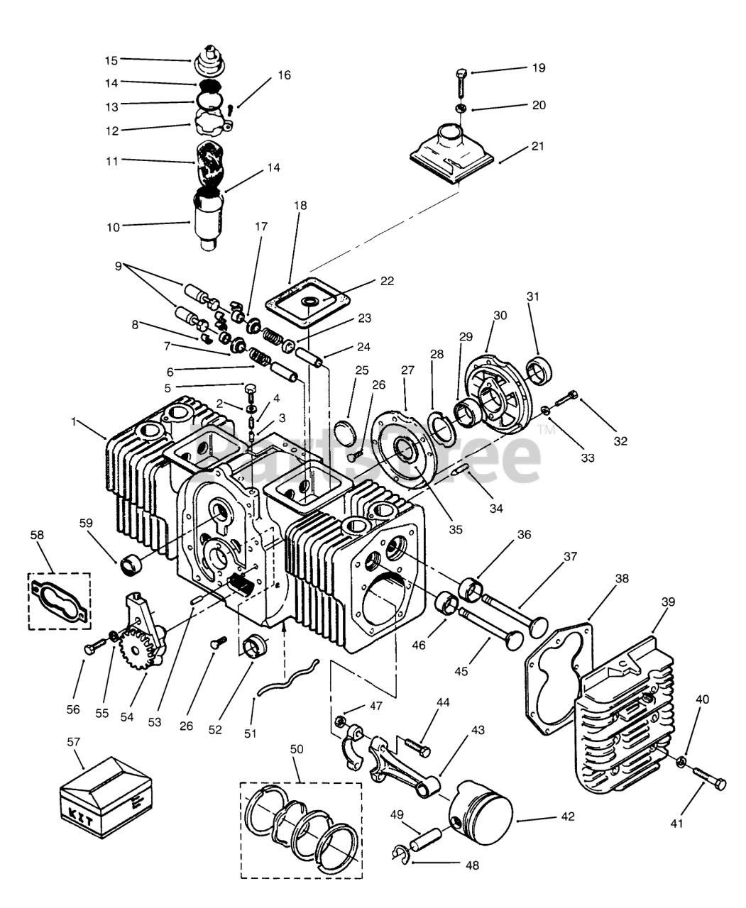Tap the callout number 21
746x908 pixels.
tap(538, 146)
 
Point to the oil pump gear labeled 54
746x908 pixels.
tap(135, 650)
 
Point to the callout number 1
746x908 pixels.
tap(74, 421)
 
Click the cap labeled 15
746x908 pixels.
tap(210, 58)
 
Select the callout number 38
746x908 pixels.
tap(621, 578)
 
